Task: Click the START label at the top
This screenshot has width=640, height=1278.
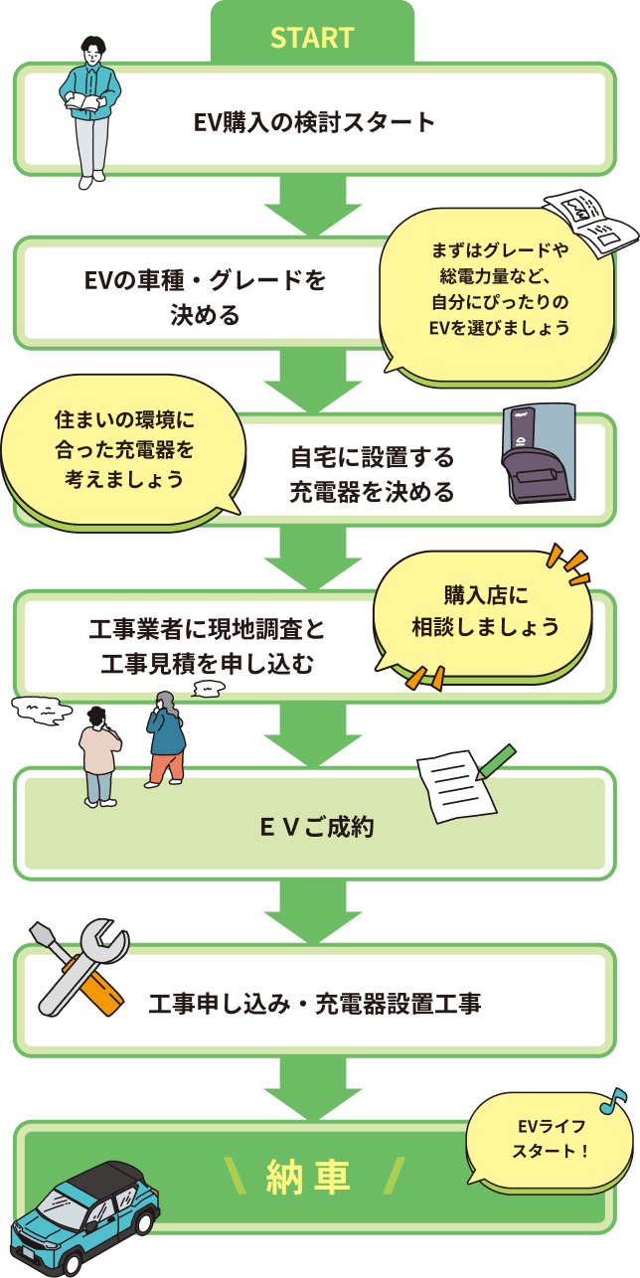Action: (x=312, y=38)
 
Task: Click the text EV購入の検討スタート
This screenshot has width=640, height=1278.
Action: (x=314, y=122)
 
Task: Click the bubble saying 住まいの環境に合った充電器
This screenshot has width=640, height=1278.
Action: (x=123, y=448)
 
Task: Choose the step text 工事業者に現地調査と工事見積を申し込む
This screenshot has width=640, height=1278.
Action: (x=207, y=646)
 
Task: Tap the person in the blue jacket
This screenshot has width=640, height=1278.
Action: (x=165, y=739)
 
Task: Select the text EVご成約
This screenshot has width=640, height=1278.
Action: (x=316, y=826)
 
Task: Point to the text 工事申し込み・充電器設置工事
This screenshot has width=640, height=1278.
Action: (x=315, y=1004)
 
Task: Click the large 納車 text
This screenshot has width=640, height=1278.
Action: (x=309, y=1177)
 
